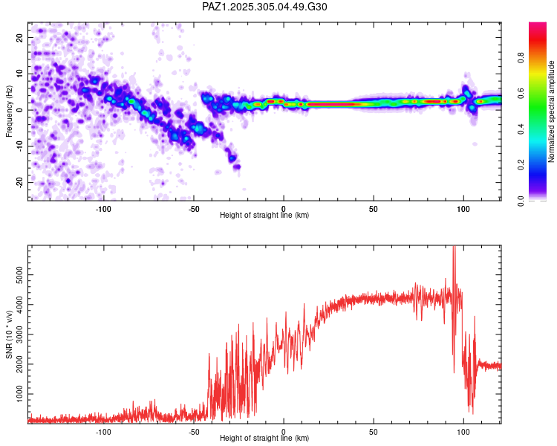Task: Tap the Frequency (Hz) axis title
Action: pos(9,110)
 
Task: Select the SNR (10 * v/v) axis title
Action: pos(9,334)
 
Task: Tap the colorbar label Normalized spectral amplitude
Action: pos(552,111)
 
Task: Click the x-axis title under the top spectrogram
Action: pos(264,215)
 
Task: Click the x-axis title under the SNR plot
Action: pos(264,438)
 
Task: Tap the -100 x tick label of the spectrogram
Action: pos(103,207)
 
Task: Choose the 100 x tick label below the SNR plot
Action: pos(463,430)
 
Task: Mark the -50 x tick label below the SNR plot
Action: pos(193,430)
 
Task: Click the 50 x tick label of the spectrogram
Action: pos(374,207)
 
